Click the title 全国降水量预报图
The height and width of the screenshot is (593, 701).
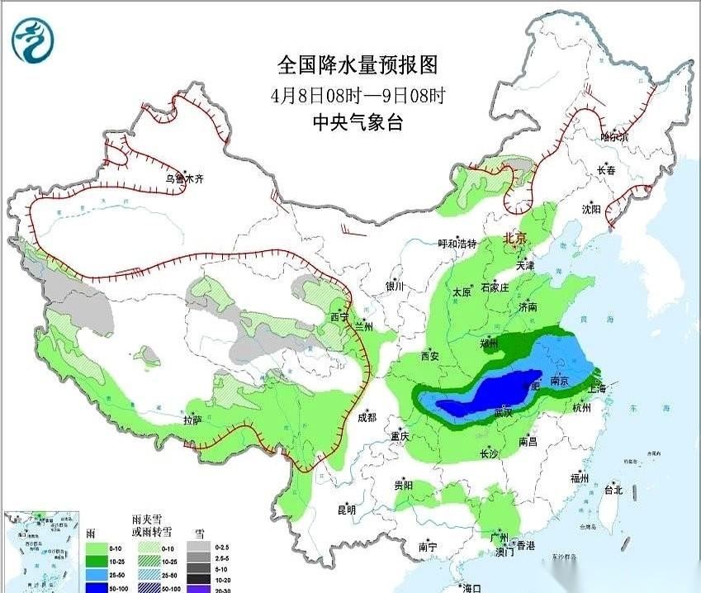357,64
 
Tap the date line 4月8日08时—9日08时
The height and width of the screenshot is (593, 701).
357,94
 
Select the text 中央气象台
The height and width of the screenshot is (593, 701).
357,122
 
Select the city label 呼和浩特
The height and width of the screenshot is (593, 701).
457,244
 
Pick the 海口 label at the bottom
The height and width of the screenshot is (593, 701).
471,587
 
